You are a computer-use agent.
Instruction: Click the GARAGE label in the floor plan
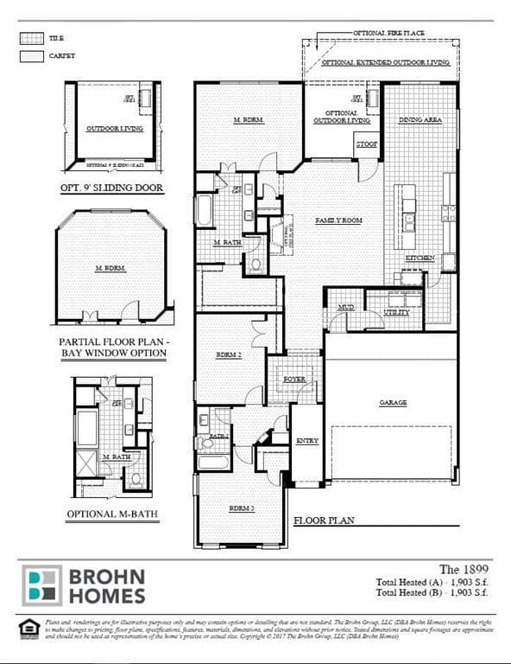[392, 403]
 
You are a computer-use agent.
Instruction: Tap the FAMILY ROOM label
[338, 220]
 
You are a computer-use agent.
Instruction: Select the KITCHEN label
[420, 259]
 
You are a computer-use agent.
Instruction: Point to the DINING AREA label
[420, 120]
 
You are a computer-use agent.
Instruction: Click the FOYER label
[294, 380]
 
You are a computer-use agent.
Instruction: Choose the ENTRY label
[306, 441]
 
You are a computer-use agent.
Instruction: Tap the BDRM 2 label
[227, 355]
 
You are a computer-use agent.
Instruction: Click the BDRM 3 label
[241, 508]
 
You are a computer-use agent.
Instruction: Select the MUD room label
[345, 307]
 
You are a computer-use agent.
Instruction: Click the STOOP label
[366, 144]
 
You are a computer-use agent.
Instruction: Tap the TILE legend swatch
[31, 39]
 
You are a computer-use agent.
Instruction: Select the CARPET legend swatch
[31, 56]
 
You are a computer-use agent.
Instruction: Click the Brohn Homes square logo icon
[42, 585]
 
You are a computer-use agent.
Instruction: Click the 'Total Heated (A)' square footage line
[433, 584]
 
